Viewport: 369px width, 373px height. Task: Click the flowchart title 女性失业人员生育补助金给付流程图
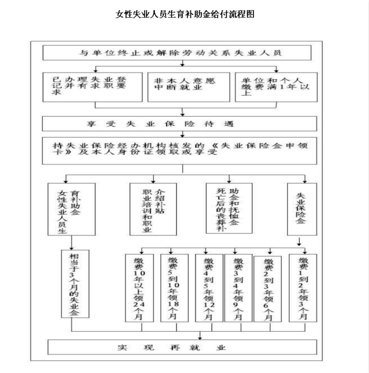click(x=185, y=14)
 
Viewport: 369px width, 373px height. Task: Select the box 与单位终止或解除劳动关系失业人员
click(x=177, y=53)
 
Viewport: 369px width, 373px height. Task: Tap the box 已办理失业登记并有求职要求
click(x=92, y=87)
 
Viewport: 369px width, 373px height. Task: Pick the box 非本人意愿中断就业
click(x=188, y=87)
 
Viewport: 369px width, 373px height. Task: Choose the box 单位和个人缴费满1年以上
click(x=276, y=87)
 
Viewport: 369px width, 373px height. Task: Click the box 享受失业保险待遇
click(x=180, y=124)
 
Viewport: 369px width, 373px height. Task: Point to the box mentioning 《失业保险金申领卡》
click(x=180, y=151)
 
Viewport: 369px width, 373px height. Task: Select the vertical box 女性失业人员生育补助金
click(x=71, y=209)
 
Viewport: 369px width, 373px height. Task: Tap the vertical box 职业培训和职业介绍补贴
click(x=153, y=209)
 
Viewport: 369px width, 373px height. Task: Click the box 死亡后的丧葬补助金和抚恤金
click(x=229, y=208)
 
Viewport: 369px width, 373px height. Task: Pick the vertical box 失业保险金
click(x=302, y=209)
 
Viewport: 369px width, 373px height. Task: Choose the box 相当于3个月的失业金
click(x=75, y=284)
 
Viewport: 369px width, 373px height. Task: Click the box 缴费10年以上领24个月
click(x=139, y=288)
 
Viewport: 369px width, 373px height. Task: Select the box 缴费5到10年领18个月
click(x=174, y=288)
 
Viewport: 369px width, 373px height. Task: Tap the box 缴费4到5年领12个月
click(x=209, y=288)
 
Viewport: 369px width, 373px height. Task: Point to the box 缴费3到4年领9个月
click(x=239, y=288)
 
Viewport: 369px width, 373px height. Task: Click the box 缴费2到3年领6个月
click(x=268, y=289)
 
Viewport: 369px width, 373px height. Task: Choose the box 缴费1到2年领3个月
click(x=303, y=288)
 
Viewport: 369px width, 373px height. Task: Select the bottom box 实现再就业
click(x=183, y=347)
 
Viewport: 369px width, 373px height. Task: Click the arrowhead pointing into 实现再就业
click(x=200, y=338)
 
